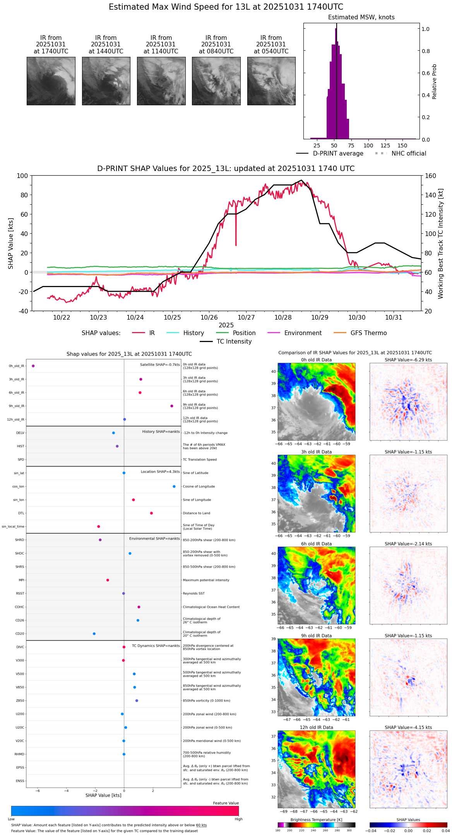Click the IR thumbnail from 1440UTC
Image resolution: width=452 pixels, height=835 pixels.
click(x=106, y=81)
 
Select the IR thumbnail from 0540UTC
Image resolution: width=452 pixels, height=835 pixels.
click(x=271, y=81)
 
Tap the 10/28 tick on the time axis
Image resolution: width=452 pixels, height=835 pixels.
click(x=283, y=317)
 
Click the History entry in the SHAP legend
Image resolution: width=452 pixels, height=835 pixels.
click(x=193, y=333)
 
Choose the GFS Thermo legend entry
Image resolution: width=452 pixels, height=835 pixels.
click(x=368, y=333)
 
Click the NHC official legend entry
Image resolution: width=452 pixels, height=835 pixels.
click(x=409, y=154)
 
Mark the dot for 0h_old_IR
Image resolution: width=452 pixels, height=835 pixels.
click(x=33, y=366)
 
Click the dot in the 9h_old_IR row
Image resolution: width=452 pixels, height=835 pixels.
click(x=172, y=406)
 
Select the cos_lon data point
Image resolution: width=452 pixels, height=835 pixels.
click(x=174, y=486)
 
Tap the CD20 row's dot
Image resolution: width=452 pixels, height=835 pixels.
click(x=94, y=634)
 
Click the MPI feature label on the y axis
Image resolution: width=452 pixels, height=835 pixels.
click(x=21, y=580)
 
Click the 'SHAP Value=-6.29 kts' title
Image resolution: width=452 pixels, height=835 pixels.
click(x=408, y=360)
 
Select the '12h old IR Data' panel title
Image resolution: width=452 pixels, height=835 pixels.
click(x=316, y=727)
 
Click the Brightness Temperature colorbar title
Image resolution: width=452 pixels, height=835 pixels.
click(x=316, y=820)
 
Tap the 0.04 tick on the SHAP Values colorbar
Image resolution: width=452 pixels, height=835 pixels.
click(x=446, y=831)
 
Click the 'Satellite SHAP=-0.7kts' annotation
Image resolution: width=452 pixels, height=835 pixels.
click(x=160, y=364)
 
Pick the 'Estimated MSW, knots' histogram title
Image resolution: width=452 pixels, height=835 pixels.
click(x=361, y=17)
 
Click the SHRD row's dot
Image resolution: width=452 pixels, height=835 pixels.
click(x=100, y=540)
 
